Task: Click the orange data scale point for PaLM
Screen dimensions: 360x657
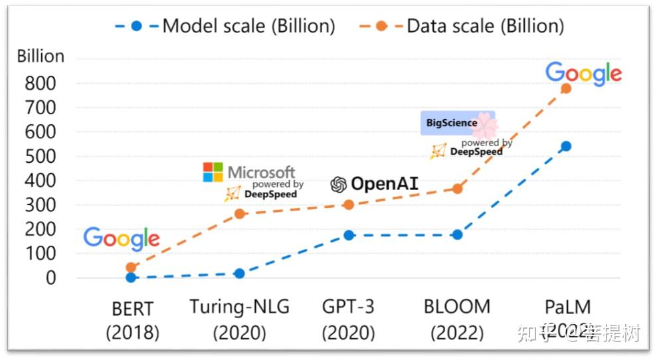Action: [x=566, y=88]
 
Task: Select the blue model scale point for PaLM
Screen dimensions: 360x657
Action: [x=566, y=146]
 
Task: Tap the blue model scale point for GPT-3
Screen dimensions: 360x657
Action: [x=349, y=235]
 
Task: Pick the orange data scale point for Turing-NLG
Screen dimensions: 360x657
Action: [x=239, y=214]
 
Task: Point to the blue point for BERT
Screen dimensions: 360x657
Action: [x=131, y=277]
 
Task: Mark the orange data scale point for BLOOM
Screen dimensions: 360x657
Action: [x=457, y=189]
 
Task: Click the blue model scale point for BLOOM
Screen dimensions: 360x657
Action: [x=457, y=234]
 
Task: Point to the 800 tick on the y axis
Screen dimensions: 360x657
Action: [x=41, y=84]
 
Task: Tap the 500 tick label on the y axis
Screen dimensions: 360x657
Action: [x=41, y=157]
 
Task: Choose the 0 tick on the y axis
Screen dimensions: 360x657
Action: [x=52, y=278]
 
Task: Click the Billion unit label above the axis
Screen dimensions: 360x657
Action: [x=41, y=56]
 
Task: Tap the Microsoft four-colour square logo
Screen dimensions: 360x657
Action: [x=213, y=172]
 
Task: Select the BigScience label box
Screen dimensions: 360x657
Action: [x=457, y=123]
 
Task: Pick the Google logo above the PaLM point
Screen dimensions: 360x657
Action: [x=583, y=74]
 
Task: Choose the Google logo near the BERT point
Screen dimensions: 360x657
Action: [x=122, y=238]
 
